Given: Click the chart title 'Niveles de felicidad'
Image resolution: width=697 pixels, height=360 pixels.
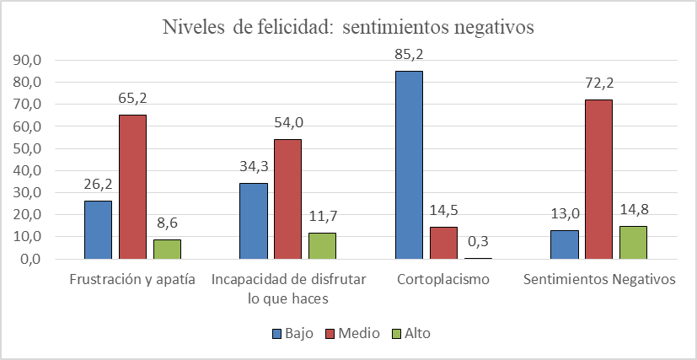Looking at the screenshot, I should (x=349, y=28).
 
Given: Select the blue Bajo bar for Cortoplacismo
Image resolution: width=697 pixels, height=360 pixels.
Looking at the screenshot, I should (x=409, y=164).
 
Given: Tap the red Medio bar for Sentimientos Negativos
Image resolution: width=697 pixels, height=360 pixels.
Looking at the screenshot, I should (x=598, y=179).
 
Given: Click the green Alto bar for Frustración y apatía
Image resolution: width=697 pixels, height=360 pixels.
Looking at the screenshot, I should (x=167, y=249).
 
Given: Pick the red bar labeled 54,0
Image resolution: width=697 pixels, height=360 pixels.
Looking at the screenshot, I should (x=287, y=199).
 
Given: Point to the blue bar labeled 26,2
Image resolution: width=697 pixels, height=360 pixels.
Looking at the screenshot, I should (x=98, y=229).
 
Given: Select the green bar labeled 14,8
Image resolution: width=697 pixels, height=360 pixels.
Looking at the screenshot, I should (x=633, y=242).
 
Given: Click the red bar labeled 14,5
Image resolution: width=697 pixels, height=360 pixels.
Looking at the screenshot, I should (x=442, y=243).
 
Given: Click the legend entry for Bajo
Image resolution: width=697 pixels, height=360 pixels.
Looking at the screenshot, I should (x=292, y=333).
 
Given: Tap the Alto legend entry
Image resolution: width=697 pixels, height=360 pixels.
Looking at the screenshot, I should (x=410, y=333).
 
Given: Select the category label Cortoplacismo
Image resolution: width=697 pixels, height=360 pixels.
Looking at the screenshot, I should (x=442, y=280).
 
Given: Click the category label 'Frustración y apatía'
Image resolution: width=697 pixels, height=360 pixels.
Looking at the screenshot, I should (x=132, y=280).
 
